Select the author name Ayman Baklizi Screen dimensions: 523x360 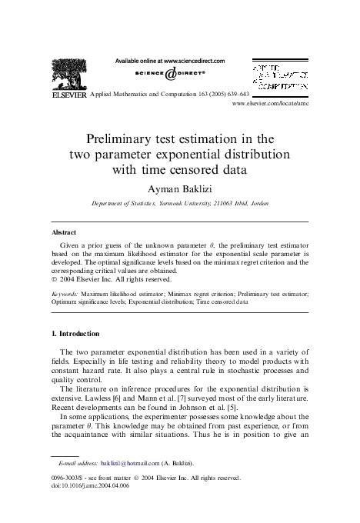click(180, 188)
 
